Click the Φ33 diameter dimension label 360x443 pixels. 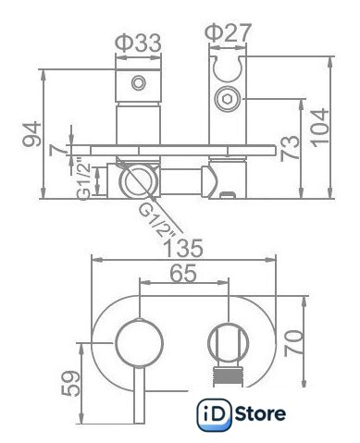point(138,43)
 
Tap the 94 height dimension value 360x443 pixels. point(32,134)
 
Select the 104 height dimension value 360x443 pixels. point(319,128)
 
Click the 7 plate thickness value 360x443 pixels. point(59,150)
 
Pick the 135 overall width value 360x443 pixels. point(183,248)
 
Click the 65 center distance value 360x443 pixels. point(183,273)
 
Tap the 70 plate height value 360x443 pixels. point(293,343)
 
